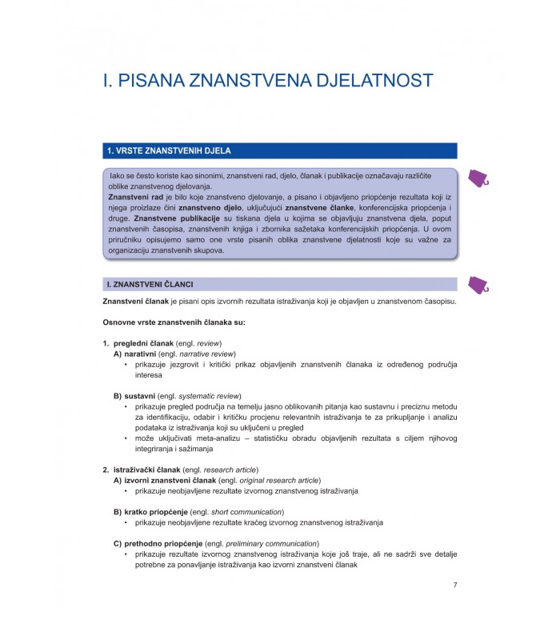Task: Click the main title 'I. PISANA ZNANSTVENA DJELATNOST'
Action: tap(268, 80)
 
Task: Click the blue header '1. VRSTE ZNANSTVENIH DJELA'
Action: tap(163, 150)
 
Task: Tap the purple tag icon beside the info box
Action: tap(478, 179)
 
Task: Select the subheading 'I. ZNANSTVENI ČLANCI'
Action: tap(150, 284)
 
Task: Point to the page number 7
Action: tap(454, 585)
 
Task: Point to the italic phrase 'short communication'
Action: tap(246, 511)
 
